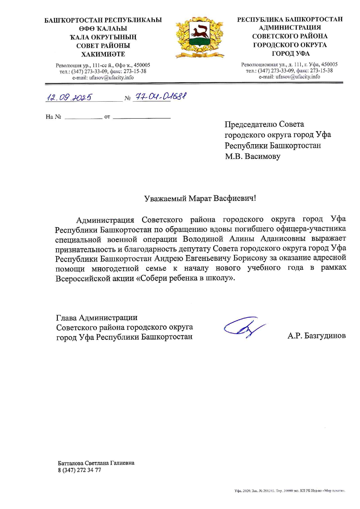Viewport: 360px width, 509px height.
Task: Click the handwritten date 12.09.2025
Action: point(69,98)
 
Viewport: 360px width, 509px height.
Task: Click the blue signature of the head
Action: point(243,327)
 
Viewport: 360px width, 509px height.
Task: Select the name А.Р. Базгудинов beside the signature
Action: point(316,336)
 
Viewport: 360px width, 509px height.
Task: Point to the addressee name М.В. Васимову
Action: point(253,156)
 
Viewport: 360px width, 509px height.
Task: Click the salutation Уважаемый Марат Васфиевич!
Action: point(200,198)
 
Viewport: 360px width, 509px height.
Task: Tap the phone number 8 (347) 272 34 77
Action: point(80,470)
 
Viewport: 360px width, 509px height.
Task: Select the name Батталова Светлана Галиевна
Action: point(96,463)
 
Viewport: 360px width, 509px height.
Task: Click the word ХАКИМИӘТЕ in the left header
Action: point(103,54)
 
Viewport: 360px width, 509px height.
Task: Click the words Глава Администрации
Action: point(97,318)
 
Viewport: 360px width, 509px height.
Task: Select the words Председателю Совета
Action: point(264,124)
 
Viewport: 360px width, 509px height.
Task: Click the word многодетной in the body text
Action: point(115,268)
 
